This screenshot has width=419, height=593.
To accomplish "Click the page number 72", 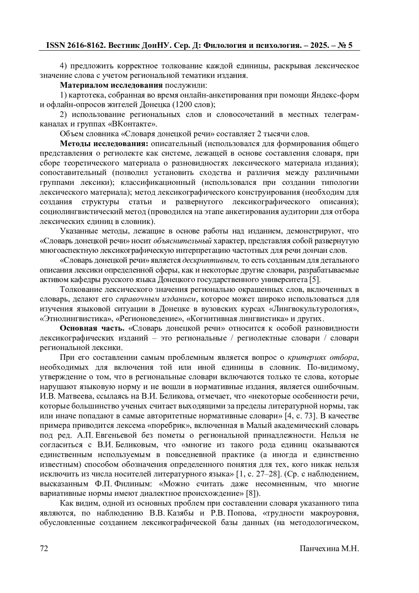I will (44, 548).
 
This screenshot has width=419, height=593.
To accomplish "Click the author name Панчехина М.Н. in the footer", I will (329, 548).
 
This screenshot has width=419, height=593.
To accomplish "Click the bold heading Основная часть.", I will (92, 328).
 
